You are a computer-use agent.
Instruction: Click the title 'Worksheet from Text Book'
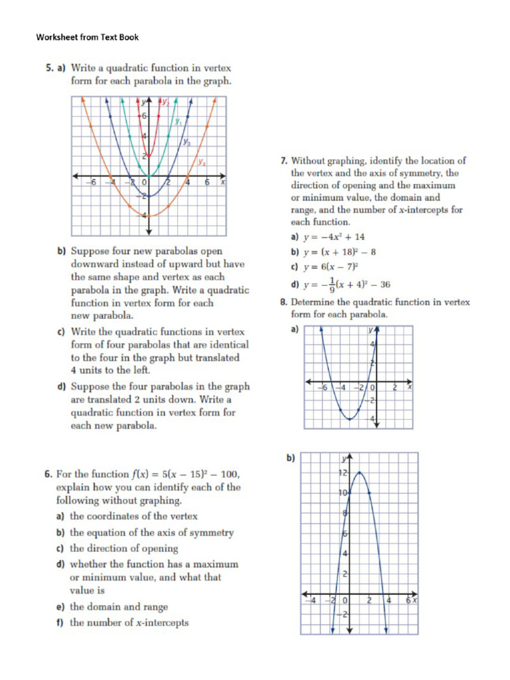(87, 37)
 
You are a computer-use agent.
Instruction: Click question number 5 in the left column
(48, 68)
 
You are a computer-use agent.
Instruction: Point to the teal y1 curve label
(178, 122)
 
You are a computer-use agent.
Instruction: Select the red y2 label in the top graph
(165, 102)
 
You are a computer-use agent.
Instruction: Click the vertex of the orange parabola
(148, 216)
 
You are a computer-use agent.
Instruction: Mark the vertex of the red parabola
(148, 157)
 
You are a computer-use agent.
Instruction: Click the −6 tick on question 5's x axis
(94, 183)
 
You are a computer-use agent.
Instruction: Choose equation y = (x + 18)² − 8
(339, 252)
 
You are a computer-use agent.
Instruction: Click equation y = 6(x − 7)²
(331, 268)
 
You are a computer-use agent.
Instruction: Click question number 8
(284, 302)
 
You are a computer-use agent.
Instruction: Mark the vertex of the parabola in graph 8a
(349, 420)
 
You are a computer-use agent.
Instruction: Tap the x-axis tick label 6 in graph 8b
(408, 600)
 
